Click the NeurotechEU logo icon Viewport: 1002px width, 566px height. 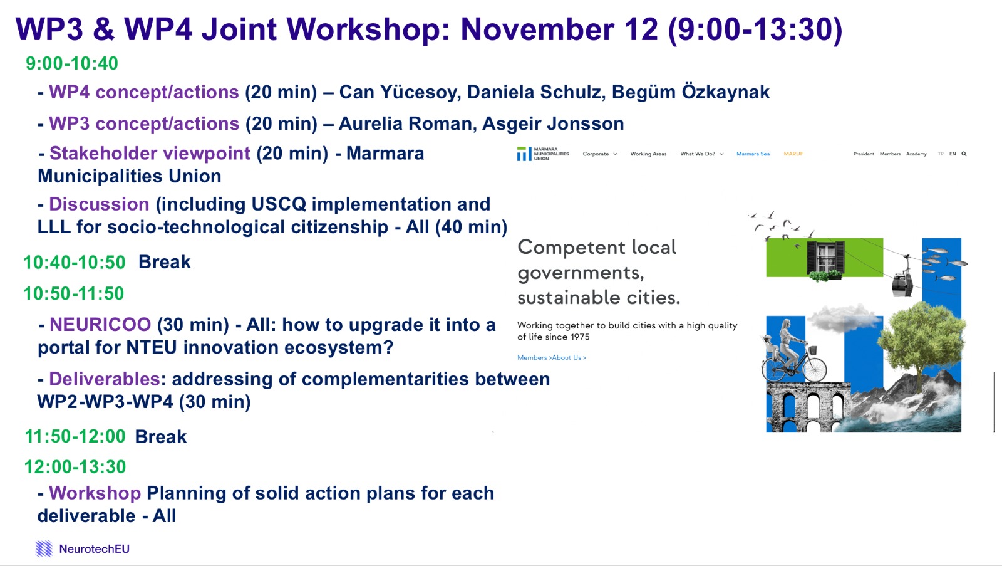click(x=44, y=548)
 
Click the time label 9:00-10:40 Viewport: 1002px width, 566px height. click(x=72, y=63)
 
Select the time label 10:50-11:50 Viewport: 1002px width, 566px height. click(x=74, y=294)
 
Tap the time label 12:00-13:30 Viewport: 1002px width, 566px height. click(x=75, y=467)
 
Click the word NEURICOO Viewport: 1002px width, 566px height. click(x=100, y=325)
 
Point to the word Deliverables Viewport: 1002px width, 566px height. click(x=104, y=379)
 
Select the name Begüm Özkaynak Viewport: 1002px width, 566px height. click(x=691, y=92)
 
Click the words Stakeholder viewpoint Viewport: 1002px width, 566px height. click(x=150, y=153)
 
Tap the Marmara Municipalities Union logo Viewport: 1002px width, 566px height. click(x=543, y=154)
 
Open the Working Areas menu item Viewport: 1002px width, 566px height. click(x=648, y=154)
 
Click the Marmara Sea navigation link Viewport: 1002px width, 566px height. click(x=753, y=154)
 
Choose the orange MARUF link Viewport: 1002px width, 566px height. click(x=793, y=154)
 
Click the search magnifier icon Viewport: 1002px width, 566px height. click(x=964, y=154)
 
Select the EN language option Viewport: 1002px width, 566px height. click(x=953, y=154)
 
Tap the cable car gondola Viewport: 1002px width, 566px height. click(x=902, y=283)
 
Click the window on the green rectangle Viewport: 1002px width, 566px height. click(x=825, y=257)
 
